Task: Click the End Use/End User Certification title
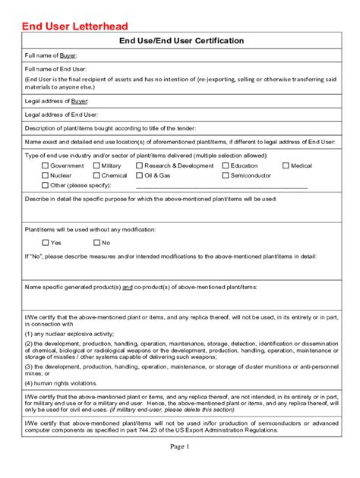pos(180,40)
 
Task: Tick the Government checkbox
pos(45,165)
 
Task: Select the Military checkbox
pos(96,165)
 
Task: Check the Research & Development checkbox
pos(139,165)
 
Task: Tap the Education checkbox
pos(226,165)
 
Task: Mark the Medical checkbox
pos(286,165)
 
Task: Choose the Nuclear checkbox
pos(45,175)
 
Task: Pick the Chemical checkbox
pos(96,175)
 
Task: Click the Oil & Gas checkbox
pos(139,175)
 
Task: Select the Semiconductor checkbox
pos(226,175)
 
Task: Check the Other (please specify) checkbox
pos(45,185)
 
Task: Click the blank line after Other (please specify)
pos(221,186)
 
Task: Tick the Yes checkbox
pos(45,243)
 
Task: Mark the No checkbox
pos(96,243)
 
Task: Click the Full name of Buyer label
pos(51,56)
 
